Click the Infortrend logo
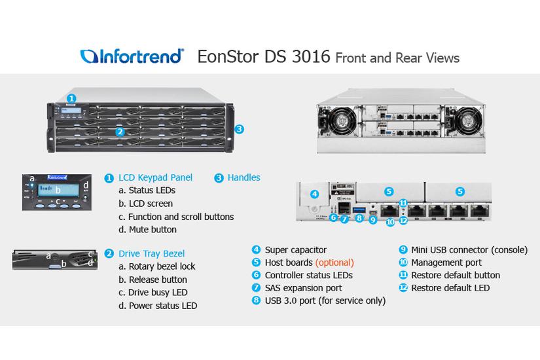[132, 56]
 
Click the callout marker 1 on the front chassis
[71, 99]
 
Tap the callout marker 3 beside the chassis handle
[239, 129]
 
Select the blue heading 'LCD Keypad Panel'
[155, 177]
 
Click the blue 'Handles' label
[243, 177]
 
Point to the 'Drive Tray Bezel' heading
[151, 253]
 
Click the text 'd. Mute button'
[147, 230]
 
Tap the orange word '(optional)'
[335, 262]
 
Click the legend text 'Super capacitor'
[295, 249]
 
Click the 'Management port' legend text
[446, 262]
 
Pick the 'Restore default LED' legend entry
[450, 288]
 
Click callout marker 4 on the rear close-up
[314, 194]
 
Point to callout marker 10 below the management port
[389, 223]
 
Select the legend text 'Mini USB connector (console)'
[469, 249]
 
